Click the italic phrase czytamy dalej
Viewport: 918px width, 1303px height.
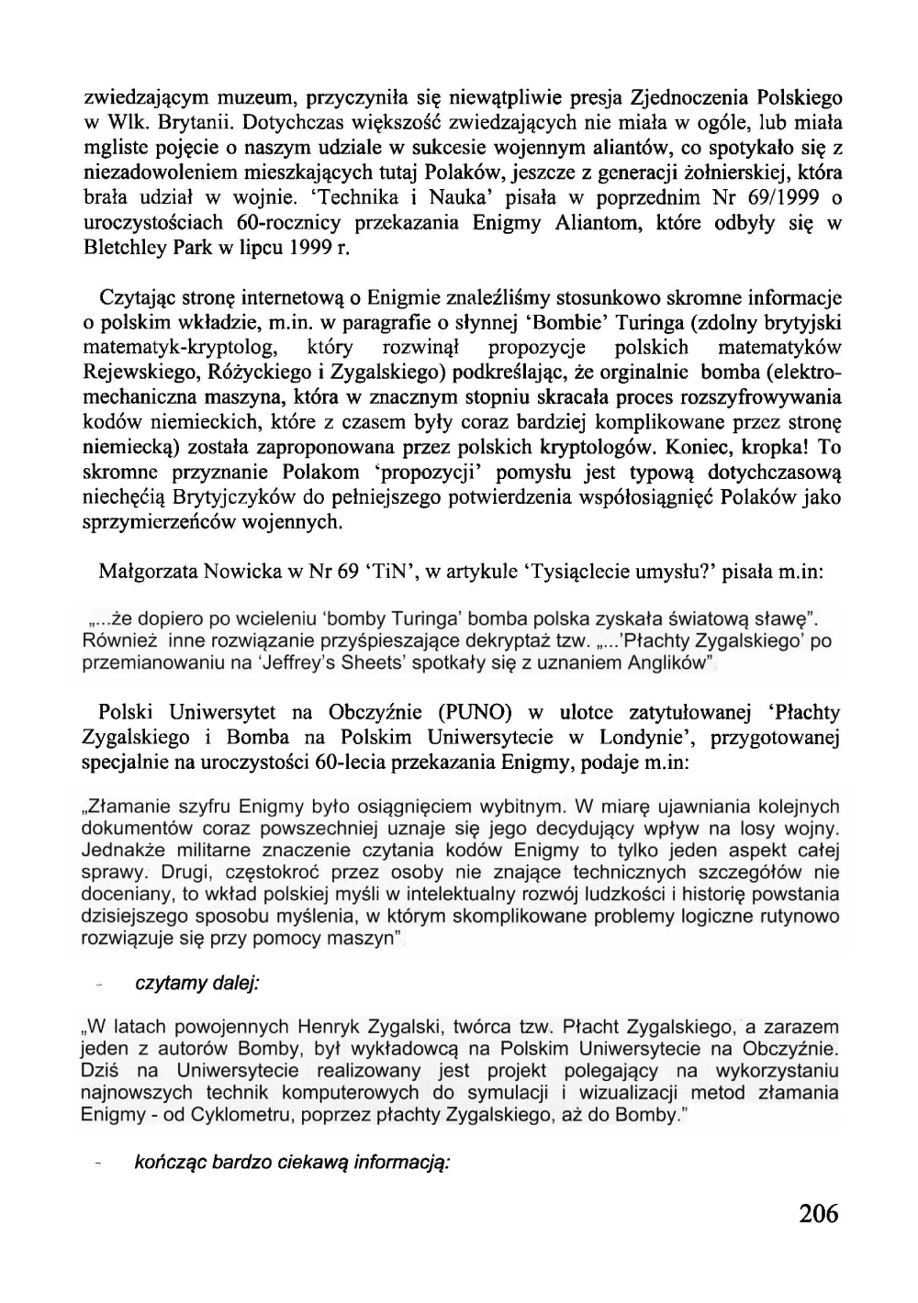click(x=197, y=983)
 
